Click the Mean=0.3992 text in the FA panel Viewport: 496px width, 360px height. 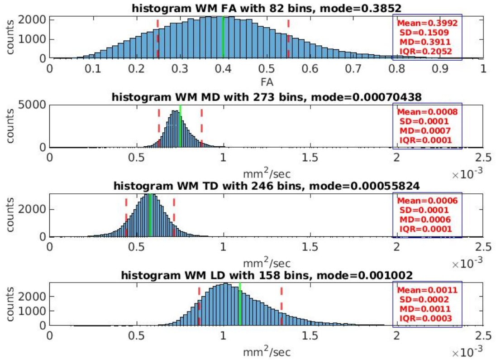[427, 23]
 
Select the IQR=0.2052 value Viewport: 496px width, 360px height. [426, 51]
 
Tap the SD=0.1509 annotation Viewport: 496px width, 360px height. [424, 32]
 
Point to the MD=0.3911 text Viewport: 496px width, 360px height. [425, 42]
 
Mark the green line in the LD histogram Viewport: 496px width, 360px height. [240, 304]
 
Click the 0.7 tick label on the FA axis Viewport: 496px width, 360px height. [353, 69]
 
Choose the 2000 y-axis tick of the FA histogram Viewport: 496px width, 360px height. [32, 20]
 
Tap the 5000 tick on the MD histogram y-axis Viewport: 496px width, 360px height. [32, 105]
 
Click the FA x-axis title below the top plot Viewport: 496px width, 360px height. [267, 82]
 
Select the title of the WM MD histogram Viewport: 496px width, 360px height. [267, 97]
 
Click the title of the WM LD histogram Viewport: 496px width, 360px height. [267, 275]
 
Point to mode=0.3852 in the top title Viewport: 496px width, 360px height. [361, 8]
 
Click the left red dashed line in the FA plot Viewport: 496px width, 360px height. [157, 38]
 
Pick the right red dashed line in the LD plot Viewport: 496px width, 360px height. [281, 306]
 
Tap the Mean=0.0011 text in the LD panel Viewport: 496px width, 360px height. [427, 290]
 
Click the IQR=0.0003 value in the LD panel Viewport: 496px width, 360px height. [426, 318]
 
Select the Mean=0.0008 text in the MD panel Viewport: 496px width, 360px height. [427, 112]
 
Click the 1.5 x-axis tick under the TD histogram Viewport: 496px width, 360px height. [310, 247]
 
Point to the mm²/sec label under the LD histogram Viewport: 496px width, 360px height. [267, 351]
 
